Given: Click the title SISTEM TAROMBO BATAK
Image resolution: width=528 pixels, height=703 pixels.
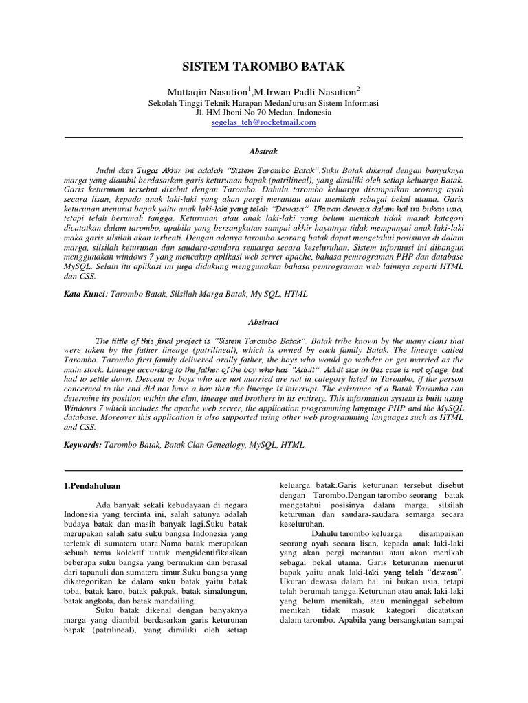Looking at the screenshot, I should [x=263, y=67].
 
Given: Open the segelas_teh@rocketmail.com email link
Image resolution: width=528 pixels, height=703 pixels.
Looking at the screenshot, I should [x=263, y=122].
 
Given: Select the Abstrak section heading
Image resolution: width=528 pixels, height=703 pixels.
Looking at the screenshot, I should [x=263, y=150].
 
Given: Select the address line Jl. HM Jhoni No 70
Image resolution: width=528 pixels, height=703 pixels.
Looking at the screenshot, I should [x=263, y=112].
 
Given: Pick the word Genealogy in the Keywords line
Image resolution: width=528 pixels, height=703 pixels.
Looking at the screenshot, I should [x=226, y=445].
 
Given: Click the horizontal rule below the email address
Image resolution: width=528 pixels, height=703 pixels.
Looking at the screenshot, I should [x=263, y=137].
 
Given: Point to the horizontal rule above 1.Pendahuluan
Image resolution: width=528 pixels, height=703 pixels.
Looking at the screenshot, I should [x=263, y=470].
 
